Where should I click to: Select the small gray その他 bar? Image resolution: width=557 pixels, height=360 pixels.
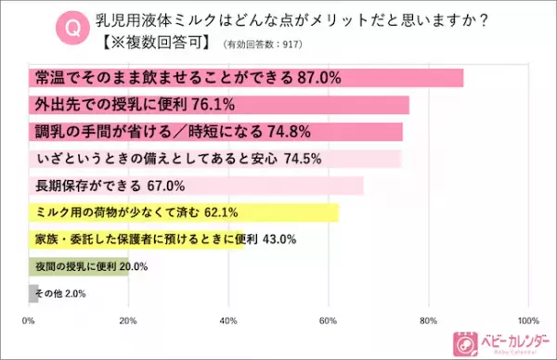tap(32, 293)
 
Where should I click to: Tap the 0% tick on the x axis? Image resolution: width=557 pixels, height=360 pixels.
tap(29, 321)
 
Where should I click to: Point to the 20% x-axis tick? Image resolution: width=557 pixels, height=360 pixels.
tap(128, 321)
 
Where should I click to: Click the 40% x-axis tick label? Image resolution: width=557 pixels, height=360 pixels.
tap(228, 321)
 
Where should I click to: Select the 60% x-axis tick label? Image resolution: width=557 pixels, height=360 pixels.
tap(328, 321)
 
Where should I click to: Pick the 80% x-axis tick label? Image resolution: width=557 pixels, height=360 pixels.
tap(428, 321)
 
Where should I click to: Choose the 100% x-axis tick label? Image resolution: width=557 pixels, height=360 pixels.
tap(525, 321)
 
